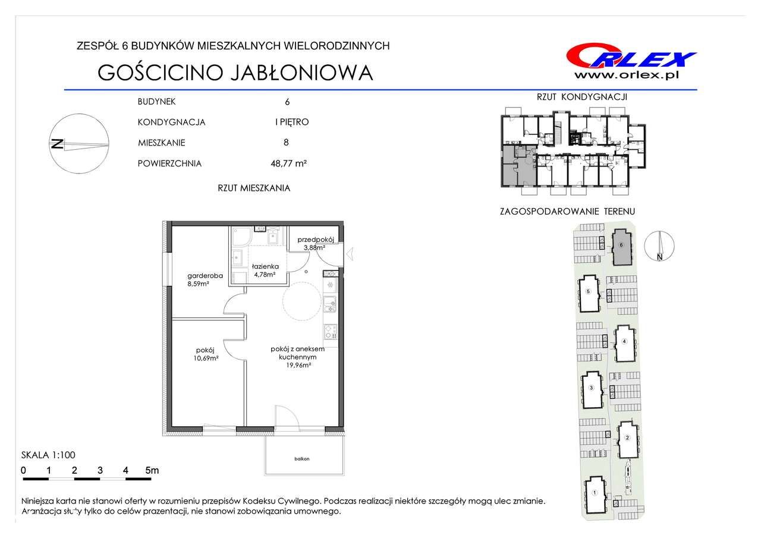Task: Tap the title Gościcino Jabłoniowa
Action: click(x=235, y=73)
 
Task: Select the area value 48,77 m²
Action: click(x=289, y=163)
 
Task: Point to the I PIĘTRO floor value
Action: click(x=292, y=122)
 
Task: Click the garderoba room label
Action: click(x=205, y=276)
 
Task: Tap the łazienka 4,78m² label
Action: click(x=265, y=270)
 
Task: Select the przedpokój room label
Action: click(x=316, y=240)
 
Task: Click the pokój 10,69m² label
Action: click(x=206, y=354)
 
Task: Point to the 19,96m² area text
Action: click(x=298, y=366)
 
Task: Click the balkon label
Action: click(x=302, y=459)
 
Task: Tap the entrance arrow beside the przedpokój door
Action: click(x=350, y=254)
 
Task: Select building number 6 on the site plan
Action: click(x=621, y=245)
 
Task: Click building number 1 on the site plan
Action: click(x=594, y=493)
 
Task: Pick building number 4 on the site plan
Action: click(x=624, y=341)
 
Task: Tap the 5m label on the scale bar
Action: click(x=152, y=470)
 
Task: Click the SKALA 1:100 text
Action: click(x=48, y=455)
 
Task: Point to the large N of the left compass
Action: click(x=56, y=144)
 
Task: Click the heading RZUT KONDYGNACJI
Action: click(x=581, y=97)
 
